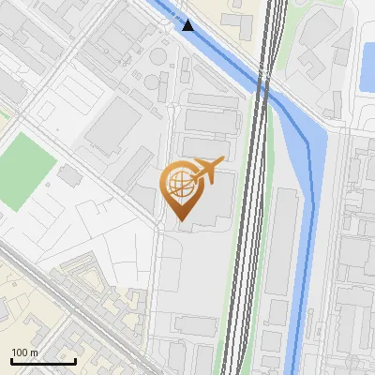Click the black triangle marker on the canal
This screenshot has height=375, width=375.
188,25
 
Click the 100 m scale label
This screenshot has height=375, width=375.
24,352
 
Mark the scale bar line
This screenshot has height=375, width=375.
43,361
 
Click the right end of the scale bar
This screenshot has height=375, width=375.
75,361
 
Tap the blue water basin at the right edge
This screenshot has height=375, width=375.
367,66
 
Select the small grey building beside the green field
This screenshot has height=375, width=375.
68,174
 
